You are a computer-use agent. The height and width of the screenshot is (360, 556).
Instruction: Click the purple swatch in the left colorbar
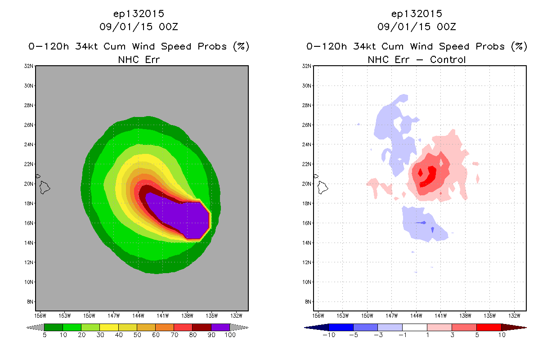click(220, 327)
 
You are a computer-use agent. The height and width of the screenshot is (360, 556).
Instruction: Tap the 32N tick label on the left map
click(28, 66)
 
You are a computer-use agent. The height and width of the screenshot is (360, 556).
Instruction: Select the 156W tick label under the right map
click(318, 316)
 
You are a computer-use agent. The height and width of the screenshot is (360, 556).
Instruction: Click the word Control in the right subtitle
click(448, 59)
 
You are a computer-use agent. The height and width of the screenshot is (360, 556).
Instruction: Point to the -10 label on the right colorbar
click(329, 335)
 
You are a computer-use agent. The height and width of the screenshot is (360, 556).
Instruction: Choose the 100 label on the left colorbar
click(230, 335)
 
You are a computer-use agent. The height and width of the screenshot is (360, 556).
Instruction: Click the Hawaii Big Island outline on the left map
click(45, 188)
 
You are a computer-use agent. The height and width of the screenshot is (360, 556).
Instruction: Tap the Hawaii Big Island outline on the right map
click(323, 188)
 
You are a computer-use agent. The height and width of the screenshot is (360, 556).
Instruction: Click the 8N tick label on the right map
click(308, 301)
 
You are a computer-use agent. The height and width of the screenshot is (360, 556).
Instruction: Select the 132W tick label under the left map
click(236, 316)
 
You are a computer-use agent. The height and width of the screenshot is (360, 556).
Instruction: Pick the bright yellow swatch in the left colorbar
click(109, 327)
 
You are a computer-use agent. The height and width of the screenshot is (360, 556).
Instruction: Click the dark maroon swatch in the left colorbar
click(202, 327)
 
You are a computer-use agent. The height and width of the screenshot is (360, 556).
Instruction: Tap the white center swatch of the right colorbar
click(415, 327)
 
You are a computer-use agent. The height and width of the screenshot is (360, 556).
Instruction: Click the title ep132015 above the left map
click(139, 13)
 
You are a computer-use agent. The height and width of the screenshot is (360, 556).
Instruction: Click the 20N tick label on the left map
click(28, 184)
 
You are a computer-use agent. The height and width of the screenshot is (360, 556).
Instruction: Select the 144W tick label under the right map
click(416, 316)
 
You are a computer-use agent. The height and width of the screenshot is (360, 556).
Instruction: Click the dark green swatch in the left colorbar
click(54, 327)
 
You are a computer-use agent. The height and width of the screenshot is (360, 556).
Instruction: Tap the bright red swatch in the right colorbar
click(489, 327)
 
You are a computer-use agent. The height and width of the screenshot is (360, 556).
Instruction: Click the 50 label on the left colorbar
click(137, 335)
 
